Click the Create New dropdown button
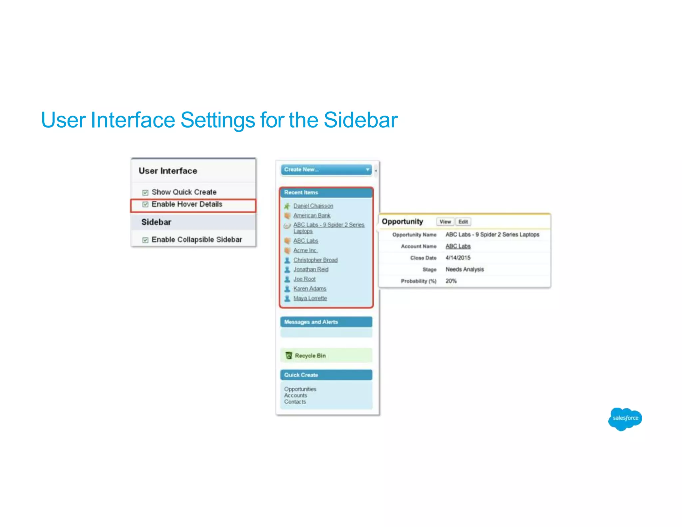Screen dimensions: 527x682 [326, 170]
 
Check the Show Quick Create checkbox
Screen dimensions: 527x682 [145, 193]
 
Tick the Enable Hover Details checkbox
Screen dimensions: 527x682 [145, 204]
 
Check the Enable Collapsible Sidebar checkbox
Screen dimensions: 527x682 [145, 240]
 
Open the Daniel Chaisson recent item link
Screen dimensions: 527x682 [313, 206]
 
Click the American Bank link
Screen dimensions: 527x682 [312, 216]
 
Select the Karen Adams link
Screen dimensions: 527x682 [310, 288]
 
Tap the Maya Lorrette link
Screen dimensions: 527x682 [310, 298]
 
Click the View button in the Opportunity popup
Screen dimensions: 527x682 [445, 222]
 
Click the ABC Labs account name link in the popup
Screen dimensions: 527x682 [458, 246]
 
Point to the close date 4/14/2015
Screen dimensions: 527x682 [458, 258]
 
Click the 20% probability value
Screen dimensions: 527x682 [451, 281]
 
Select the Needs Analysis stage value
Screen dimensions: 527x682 [465, 269]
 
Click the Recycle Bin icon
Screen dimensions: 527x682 [289, 355]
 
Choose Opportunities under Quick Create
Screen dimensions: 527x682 [300, 389]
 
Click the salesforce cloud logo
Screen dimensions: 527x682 [625, 418]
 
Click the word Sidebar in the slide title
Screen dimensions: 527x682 [360, 120]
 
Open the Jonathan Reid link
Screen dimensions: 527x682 [311, 269]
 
